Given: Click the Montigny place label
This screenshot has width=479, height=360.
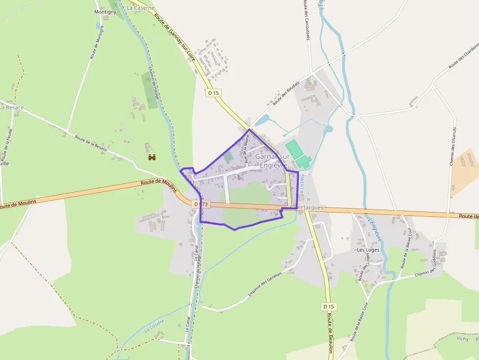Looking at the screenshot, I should pyautogui.click(x=105, y=11).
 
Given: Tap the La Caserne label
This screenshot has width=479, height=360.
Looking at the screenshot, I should pyautogui.click(x=140, y=8).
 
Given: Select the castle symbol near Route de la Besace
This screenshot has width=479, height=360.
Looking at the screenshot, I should pyautogui.click(x=152, y=157).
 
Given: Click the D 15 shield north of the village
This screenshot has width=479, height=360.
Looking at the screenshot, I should pyautogui.click(x=214, y=93).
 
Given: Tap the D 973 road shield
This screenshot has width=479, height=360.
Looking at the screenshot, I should pyautogui.click(x=200, y=204).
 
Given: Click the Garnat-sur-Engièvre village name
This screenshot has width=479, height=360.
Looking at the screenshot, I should pyautogui.click(x=273, y=160).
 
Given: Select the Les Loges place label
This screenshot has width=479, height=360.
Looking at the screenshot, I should pyautogui.click(x=368, y=250).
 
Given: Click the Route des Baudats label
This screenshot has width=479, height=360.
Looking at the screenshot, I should pyautogui.click(x=286, y=93).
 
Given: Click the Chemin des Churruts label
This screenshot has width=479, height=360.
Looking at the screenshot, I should pyautogui.click(x=453, y=146).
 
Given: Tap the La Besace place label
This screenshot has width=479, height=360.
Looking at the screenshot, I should pyautogui.click(x=11, y=107).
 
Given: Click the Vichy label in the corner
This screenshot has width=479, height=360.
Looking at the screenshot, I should pyautogui.click(x=462, y=339).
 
